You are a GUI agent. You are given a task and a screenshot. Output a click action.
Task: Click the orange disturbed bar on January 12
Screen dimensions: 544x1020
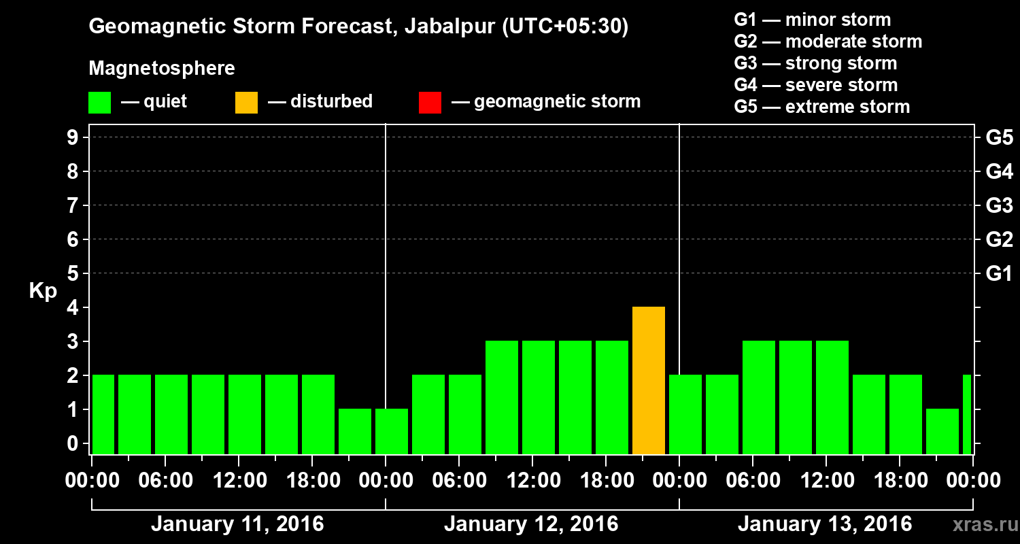[x=648, y=381]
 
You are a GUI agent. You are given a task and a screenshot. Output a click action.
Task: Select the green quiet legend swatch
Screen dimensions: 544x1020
[x=99, y=103]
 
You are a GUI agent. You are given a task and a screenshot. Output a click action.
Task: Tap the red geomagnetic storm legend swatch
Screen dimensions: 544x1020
[x=430, y=103]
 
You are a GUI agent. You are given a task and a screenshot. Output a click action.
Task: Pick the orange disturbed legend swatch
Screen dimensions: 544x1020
[x=246, y=103]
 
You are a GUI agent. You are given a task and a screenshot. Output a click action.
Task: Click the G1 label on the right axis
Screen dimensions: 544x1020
[x=999, y=274]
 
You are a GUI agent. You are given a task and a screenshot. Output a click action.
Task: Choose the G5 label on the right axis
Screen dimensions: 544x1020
[x=999, y=138]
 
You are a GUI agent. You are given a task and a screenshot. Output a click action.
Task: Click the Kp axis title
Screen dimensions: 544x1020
[x=43, y=291]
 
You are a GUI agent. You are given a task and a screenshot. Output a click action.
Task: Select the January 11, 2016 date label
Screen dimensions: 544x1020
[x=237, y=524]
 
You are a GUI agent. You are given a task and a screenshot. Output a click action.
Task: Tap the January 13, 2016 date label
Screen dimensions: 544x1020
[x=825, y=524]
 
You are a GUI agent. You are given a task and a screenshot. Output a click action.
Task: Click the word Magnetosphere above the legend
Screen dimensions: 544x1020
[x=162, y=69]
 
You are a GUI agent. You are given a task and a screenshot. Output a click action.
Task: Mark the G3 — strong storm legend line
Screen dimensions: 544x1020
[x=815, y=63]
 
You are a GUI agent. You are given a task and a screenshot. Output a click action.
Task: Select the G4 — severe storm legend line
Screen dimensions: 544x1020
[x=816, y=85]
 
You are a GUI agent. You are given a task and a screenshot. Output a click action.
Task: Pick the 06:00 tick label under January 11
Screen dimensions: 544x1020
[x=165, y=481]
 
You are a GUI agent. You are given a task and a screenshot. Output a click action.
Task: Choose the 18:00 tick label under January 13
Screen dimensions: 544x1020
[x=900, y=481]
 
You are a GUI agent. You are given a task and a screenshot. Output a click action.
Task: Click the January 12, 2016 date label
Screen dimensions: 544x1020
[x=531, y=524]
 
